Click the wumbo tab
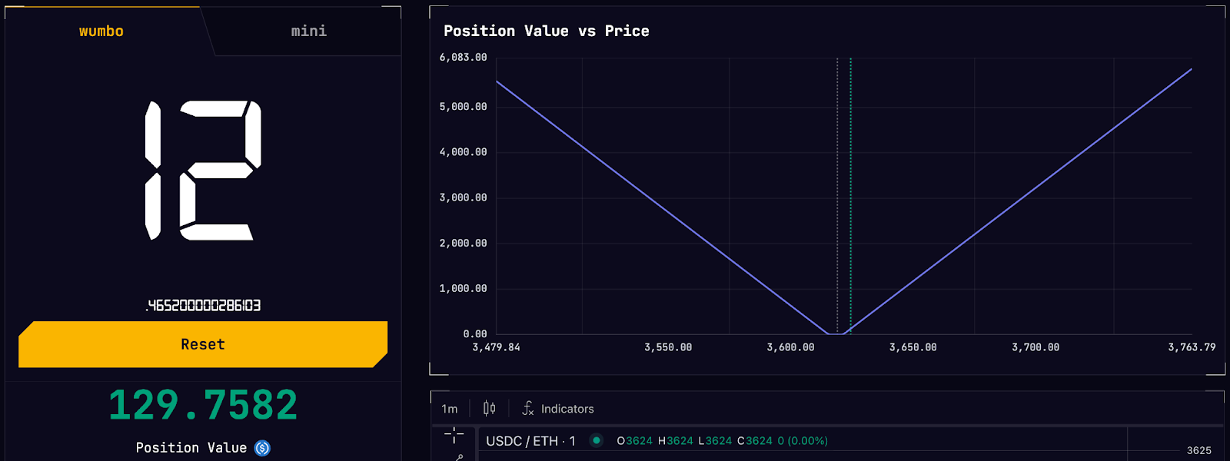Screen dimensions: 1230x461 [x=101, y=32]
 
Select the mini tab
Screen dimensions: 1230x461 [x=308, y=32]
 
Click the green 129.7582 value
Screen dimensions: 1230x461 [x=203, y=405]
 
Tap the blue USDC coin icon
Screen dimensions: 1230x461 [x=262, y=448]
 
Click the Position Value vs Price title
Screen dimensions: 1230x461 [x=547, y=32]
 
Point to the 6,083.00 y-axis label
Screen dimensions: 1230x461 [x=463, y=58]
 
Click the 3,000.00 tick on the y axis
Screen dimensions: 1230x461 [x=463, y=197]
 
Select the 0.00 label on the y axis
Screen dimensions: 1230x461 [x=475, y=333]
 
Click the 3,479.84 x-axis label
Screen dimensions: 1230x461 [x=496, y=347]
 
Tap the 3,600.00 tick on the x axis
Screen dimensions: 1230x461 [x=790, y=347]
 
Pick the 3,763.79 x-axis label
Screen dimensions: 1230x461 [x=1192, y=347]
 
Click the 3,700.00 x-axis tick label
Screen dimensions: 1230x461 [x=1036, y=347]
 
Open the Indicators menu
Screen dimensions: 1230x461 [x=558, y=409]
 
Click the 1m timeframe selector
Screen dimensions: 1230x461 [x=449, y=409]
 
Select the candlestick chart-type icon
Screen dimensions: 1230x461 [x=489, y=408]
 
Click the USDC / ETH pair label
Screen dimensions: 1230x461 [x=530, y=441]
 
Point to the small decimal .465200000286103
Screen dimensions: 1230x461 [x=203, y=306]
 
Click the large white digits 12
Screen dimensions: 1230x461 [x=203, y=170]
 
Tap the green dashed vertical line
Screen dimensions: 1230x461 [x=850, y=196]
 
